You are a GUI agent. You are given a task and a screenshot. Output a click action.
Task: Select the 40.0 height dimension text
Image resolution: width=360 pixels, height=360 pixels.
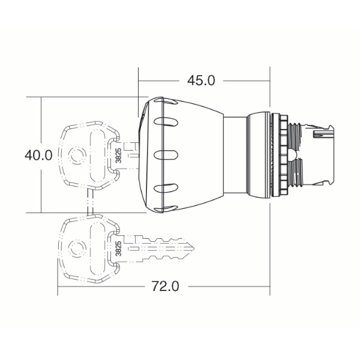[38, 155]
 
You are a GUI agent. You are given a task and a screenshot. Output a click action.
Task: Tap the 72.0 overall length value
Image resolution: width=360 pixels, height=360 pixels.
[165, 286]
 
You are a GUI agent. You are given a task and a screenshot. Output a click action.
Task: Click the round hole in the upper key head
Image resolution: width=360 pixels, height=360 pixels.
[76, 156]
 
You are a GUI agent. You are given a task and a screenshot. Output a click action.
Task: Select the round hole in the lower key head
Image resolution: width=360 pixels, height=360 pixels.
[76, 247]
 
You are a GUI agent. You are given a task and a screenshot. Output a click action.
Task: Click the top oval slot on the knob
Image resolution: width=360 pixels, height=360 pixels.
[166, 121]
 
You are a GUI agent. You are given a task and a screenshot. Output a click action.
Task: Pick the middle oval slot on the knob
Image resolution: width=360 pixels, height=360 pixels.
[166, 155]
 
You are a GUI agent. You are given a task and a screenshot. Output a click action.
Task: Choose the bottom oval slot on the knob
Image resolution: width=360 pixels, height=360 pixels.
[166, 188]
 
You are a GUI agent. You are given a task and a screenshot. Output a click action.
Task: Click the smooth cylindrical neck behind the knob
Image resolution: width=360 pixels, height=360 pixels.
[235, 155]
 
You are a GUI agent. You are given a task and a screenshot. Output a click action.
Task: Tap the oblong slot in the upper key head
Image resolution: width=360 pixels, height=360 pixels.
[97, 156]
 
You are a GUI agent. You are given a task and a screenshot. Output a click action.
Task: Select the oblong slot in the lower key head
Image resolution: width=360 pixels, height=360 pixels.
[97, 247]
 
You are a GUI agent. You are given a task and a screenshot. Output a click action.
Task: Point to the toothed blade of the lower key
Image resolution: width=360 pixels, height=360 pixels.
[159, 247]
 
